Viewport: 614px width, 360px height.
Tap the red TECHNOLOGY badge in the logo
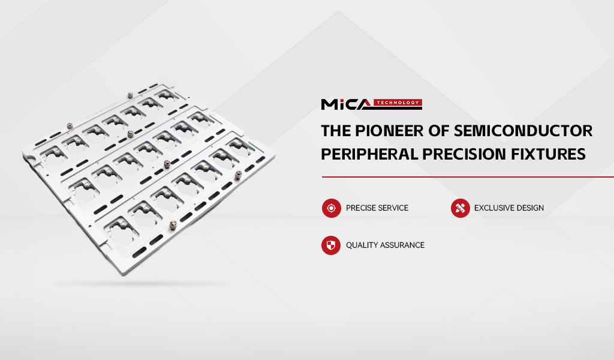coord(398,103)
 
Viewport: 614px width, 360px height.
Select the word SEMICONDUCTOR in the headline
coord(523,131)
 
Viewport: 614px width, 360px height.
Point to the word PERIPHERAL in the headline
coord(369,154)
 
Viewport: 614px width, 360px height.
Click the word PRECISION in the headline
coord(464,154)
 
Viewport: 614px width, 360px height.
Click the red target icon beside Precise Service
coord(331,208)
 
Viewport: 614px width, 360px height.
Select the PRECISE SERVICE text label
coord(377,208)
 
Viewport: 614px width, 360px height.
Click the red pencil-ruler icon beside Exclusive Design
coord(460,208)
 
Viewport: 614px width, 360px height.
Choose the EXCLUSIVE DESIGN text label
coord(508,208)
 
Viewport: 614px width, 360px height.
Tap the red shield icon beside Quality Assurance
coord(331,245)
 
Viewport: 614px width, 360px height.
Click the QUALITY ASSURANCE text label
coord(386,245)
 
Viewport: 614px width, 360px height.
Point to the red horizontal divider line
coord(468,177)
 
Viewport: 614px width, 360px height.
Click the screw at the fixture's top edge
coord(130,95)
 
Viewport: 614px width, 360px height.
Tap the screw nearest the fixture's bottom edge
coord(173,225)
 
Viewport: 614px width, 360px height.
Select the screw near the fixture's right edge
coord(237,175)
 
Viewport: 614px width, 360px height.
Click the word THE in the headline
coord(336,131)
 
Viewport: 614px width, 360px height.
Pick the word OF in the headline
coord(438,131)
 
